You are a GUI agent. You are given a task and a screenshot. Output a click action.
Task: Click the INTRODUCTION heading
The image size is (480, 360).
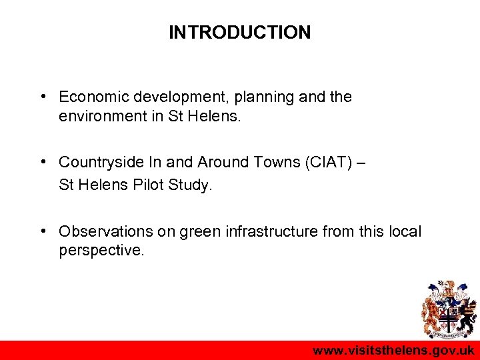pos(239,32)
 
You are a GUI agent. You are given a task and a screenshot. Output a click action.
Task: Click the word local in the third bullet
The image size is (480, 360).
pos(405,231)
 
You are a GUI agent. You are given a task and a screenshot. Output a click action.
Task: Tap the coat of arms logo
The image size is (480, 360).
pos(447,309)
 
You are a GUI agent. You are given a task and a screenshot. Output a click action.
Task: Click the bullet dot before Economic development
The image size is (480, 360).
pos(42,96)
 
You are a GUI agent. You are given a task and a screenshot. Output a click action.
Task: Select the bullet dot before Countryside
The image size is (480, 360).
pos(42,161)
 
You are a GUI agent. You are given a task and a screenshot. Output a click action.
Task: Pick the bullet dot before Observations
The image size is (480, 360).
pos(42,231)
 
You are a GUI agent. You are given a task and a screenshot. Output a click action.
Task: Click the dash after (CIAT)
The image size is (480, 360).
pos(361,162)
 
